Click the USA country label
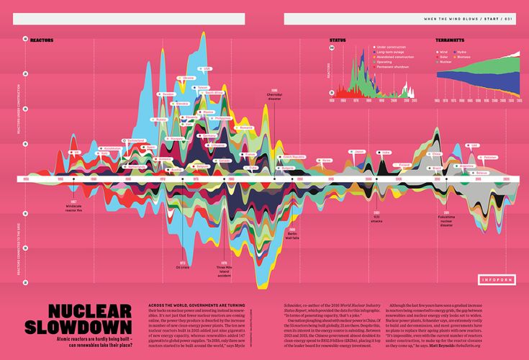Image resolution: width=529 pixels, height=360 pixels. (x=207, y=69)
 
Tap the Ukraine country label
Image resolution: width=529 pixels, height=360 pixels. (x=189, y=77)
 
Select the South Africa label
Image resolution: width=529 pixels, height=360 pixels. (x=214, y=93)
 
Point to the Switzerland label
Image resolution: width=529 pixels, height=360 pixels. (x=134, y=139)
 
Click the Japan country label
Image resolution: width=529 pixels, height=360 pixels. (x=360, y=152)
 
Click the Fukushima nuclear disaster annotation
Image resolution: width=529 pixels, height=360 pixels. (x=446, y=220)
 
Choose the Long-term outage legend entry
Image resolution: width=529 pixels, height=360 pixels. (x=392, y=52)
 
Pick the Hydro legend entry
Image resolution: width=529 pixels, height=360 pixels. (x=461, y=52)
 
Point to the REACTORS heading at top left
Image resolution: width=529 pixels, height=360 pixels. (x=42, y=41)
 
